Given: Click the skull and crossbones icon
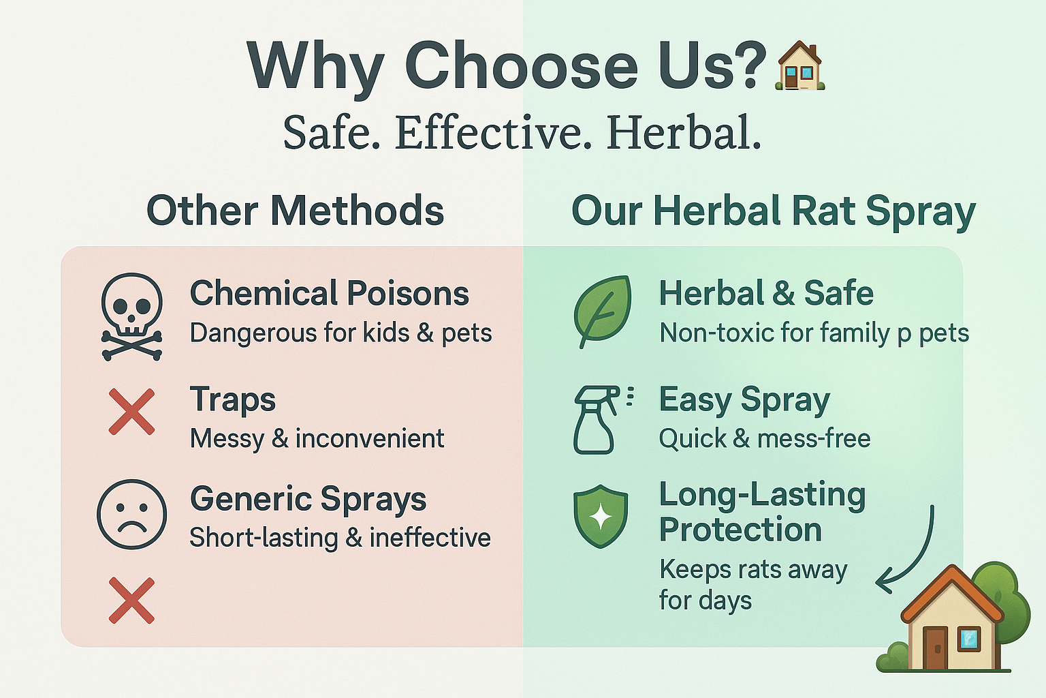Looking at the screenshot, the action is pos(131,317).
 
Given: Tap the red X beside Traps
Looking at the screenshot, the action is pos(131,412).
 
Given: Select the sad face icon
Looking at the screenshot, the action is pos(131,514).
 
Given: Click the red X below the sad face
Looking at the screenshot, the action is pos(131,601).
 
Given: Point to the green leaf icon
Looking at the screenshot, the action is pos(603,310).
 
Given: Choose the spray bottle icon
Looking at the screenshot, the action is pos(600,419).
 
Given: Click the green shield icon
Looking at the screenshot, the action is pos(601,516).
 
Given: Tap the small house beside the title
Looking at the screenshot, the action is pos(800,65).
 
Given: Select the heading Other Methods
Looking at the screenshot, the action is pos(295,211).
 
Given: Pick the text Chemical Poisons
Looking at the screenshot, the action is pos(329,293).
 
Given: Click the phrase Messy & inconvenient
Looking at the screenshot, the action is pos(317,439).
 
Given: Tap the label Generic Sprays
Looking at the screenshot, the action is pos(308,500).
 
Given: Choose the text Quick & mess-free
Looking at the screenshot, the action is pos(765,439).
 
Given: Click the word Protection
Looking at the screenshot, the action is pos(740,530).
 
